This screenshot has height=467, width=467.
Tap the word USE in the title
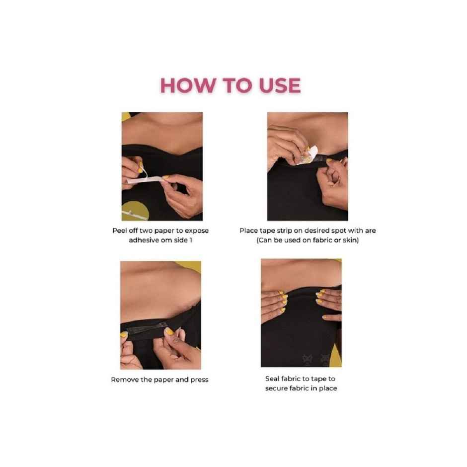tap(280, 85)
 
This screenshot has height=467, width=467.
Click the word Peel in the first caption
tap(119, 231)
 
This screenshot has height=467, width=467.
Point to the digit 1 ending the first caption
tap(191, 240)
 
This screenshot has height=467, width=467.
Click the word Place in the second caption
tap(248, 231)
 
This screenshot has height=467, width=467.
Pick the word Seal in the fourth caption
tap(272, 379)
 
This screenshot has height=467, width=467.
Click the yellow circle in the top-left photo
tap(136, 211)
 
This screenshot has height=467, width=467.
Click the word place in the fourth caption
tap(328, 389)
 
